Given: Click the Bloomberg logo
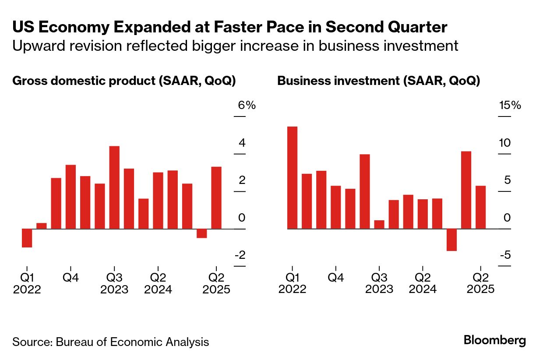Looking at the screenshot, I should tap(495, 341).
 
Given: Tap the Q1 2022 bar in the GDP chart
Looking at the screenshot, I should tap(27, 238).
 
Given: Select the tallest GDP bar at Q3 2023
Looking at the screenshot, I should tap(114, 187).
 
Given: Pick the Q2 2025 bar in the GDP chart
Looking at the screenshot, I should tap(216, 198).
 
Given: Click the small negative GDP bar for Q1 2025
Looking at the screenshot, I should tap(201, 233).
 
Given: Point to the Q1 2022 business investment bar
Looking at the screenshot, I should tap(292, 177).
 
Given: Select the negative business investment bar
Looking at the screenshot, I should tap(452, 240).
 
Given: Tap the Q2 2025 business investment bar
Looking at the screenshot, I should tap(481, 207).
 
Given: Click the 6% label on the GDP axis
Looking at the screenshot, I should tap(247, 106).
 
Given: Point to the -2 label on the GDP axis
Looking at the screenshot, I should tap(240, 255).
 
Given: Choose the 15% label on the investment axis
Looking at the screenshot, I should tap(510, 106).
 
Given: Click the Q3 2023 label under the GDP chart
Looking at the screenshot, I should tap(114, 283).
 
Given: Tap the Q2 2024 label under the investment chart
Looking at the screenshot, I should tap(422, 283).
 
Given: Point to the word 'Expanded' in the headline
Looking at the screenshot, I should tap(144, 28).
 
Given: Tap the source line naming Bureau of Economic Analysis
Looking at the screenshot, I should tap(110, 342).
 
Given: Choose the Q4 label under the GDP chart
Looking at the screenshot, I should tap(71, 277).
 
